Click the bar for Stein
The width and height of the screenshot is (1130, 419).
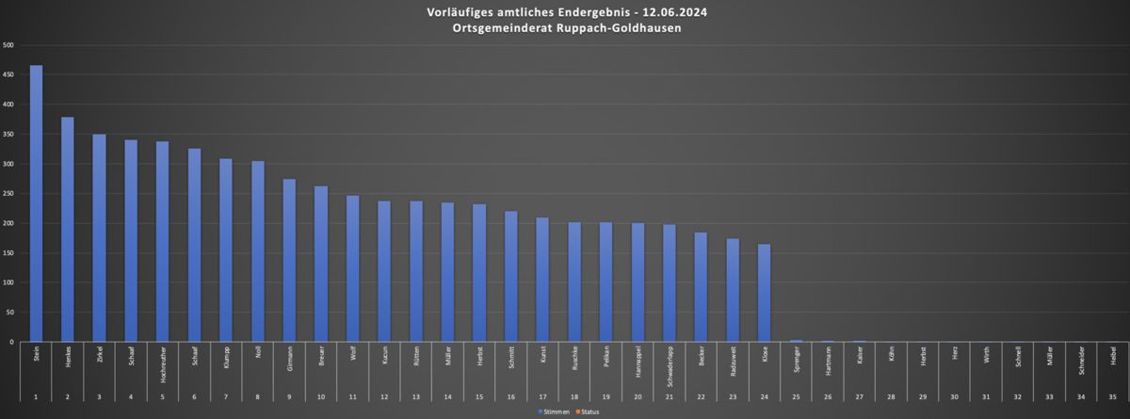(x=36, y=203)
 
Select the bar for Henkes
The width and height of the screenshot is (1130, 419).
(x=68, y=230)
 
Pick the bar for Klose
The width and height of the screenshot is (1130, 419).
(x=764, y=293)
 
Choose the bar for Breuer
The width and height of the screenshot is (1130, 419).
(x=321, y=264)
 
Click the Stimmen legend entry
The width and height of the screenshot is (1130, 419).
(x=554, y=412)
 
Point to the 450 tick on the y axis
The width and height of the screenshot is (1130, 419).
(x=8, y=75)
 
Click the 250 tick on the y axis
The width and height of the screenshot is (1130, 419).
(x=8, y=194)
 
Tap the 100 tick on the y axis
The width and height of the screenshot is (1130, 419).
(x=8, y=282)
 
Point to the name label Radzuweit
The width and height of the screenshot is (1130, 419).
(x=732, y=362)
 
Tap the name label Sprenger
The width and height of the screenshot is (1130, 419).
(x=796, y=360)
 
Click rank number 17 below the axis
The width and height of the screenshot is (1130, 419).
(x=542, y=398)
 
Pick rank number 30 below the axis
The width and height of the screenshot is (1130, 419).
(x=954, y=398)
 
